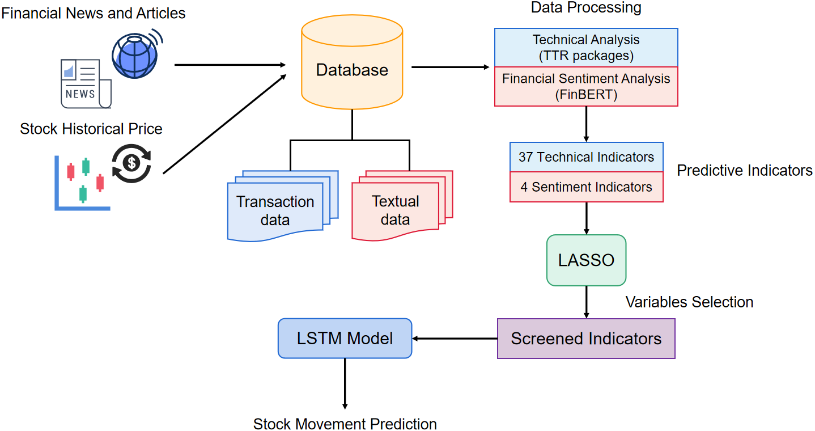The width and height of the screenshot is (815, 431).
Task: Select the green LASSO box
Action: click(x=586, y=260)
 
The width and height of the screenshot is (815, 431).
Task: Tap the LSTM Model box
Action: click(x=345, y=339)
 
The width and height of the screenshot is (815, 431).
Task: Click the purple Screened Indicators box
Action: click(x=586, y=339)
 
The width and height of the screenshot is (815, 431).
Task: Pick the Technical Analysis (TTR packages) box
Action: click(x=586, y=48)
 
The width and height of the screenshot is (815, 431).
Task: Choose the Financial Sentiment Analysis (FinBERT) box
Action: click(x=586, y=86)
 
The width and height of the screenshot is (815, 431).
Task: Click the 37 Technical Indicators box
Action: click(x=586, y=157)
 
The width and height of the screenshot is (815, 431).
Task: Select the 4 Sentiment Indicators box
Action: click(x=586, y=187)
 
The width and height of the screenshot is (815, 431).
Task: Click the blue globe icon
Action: click(x=135, y=56)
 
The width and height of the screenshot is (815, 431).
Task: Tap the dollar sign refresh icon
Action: click(x=131, y=163)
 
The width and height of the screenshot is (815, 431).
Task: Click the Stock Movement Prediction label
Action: click(x=345, y=424)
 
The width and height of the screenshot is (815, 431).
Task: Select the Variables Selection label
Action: click(x=689, y=302)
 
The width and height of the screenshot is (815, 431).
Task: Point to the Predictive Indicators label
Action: click(x=745, y=171)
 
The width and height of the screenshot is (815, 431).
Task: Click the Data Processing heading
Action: click(x=586, y=7)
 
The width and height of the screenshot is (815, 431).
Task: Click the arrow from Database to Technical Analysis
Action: click(x=450, y=67)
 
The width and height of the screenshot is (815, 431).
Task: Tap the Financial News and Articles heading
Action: click(x=94, y=13)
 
